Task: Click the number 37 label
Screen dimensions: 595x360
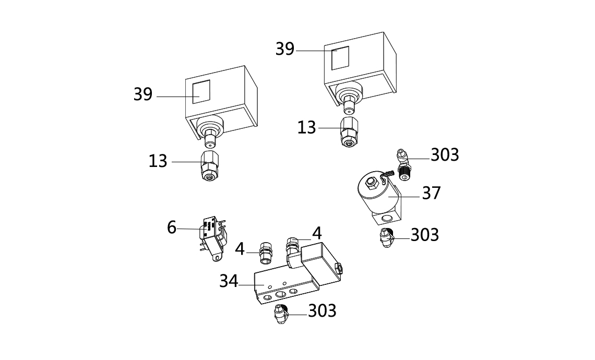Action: (431, 193)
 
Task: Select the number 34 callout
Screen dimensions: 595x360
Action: (229, 281)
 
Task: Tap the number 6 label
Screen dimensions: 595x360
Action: (172, 227)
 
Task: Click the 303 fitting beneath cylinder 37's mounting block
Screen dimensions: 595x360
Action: (387, 238)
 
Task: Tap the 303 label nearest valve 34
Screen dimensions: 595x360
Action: (322, 310)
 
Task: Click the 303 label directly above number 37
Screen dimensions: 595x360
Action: (445, 155)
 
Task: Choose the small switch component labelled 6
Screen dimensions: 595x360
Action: (213, 238)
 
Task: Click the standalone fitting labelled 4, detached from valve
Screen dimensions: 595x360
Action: (265, 253)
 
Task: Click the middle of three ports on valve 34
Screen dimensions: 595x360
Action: (280, 295)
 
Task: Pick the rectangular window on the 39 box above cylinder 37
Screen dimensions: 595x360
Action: (340, 58)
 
